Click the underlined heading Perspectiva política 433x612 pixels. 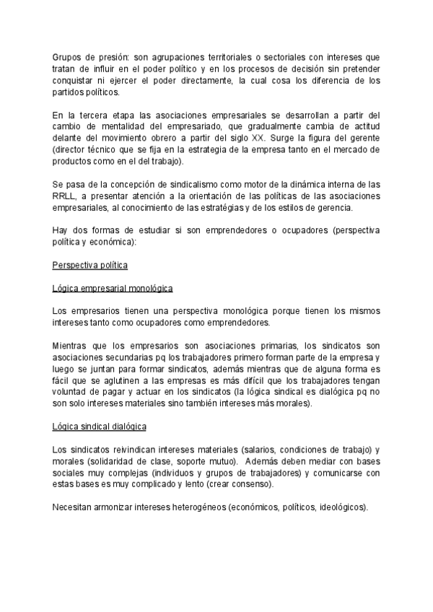(x=90, y=266)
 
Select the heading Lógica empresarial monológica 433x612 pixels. (x=113, y=289)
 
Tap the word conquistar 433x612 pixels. (x=76, y=81)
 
